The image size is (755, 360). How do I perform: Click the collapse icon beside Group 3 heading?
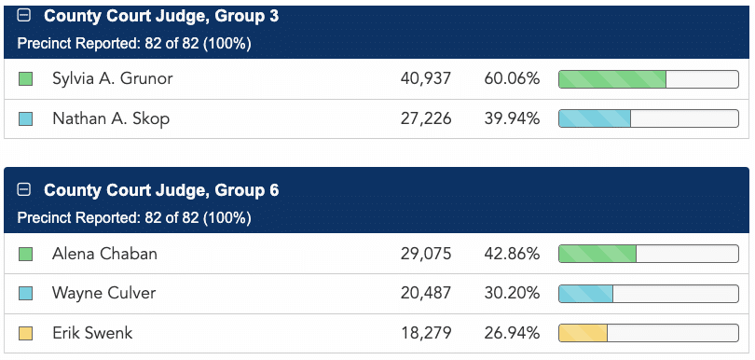point(23,16)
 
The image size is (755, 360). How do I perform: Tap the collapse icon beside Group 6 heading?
point(23,190)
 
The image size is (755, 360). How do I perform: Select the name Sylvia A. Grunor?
point(112,78)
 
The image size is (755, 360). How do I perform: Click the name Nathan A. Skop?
point(111,118)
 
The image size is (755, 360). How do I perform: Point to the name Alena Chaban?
point(104,254)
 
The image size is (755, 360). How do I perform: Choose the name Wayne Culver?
point(104,293)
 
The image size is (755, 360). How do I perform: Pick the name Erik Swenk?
point(92,333)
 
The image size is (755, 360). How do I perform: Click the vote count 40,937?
point(426,78)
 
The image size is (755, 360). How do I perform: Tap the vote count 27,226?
point(426,118)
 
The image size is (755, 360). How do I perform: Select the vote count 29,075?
point(426,254)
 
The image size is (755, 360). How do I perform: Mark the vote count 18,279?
point(426,333)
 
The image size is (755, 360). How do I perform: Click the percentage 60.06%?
point(512,78)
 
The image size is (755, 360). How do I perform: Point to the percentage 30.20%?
point(512,293)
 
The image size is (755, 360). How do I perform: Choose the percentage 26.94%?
point(512,333)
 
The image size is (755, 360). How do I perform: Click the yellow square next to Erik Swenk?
point(25,333)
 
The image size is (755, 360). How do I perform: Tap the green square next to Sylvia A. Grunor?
point(25,79)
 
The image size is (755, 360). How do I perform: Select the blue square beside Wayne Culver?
point(25,294)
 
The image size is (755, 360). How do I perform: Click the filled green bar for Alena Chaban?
point(597,254)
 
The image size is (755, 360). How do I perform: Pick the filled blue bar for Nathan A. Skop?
point(595,118)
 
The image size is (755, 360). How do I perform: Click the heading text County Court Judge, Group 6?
point(161,190)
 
